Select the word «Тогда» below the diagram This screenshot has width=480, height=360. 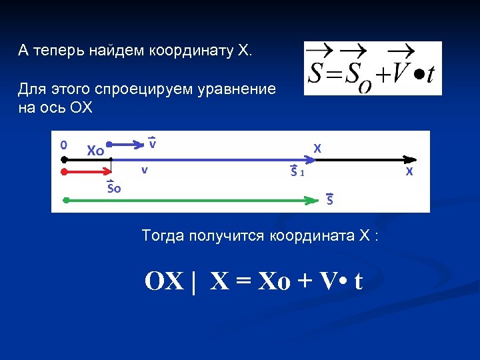(x=161, y=235)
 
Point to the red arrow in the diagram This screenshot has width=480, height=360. (x=87, y=171)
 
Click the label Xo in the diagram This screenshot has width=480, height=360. (x=95, y=150)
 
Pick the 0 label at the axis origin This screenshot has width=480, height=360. (x=63, y=144)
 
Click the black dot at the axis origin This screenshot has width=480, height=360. (x=63, y=160)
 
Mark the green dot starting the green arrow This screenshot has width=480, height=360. (x=65, y=199)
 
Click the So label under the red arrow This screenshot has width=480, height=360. (x=114, y=187)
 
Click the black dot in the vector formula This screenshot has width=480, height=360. (x=415, y=72)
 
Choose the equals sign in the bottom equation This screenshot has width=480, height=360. (x=241, y=282)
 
